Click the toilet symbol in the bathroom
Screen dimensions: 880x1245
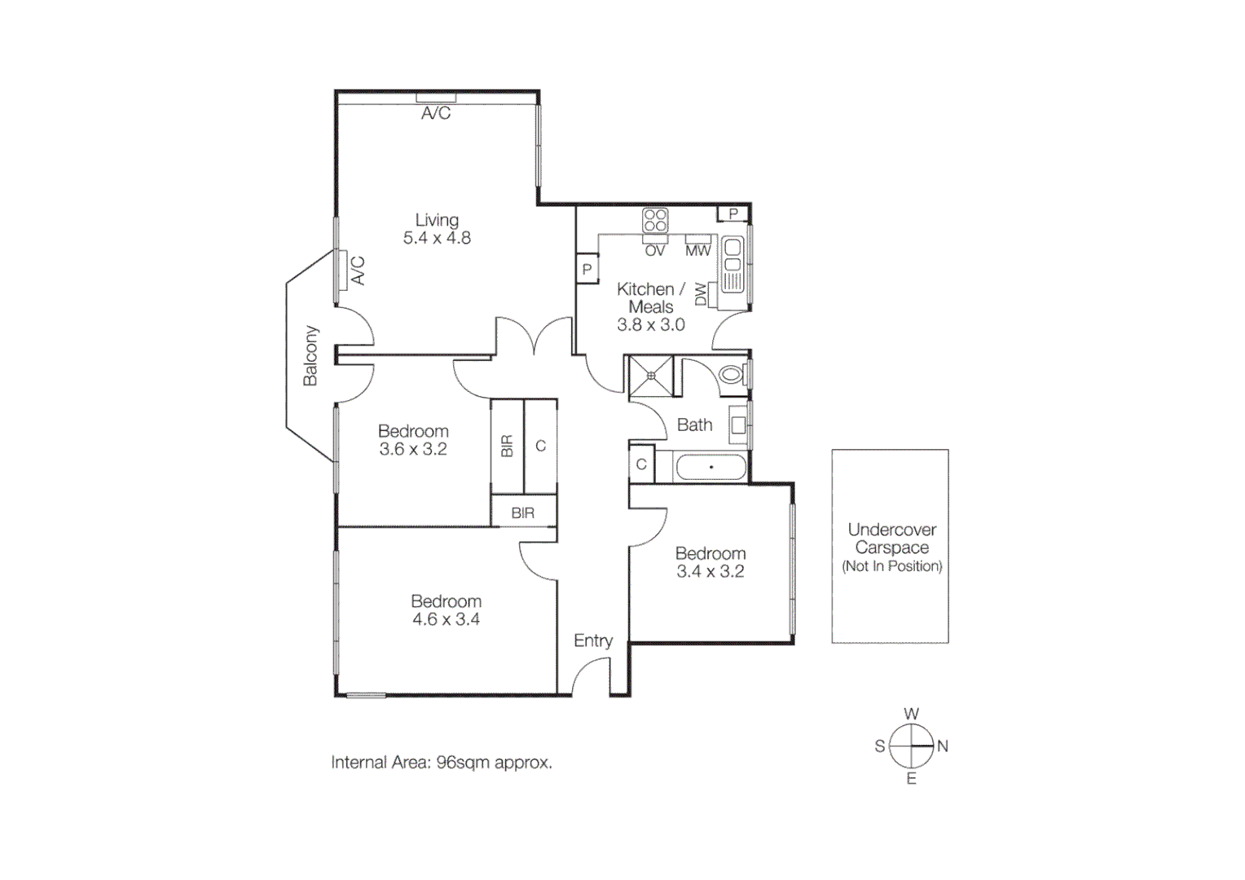click(732, 375)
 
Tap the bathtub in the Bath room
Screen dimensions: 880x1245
click(710, 467)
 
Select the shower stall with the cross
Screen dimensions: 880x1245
click(651, 376)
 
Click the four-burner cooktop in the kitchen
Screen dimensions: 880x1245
click(655, 221)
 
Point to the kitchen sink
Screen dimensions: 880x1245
click(732, 264)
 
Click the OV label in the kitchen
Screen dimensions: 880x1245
click(655, 251)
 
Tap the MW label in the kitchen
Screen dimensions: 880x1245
click(697, 251)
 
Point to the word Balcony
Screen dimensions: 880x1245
click(310, 355)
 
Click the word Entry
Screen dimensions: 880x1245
click(592, 640)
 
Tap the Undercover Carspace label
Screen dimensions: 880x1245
click(891, 539)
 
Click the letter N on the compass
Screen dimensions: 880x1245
click(943, 746)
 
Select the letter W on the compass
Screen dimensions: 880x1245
click(911, 714)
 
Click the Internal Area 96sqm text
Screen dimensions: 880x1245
click(441, 763)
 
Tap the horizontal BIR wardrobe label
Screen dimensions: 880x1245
click(523, 513)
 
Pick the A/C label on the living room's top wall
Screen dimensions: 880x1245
click(436, 113)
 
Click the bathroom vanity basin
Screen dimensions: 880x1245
click(738, 425)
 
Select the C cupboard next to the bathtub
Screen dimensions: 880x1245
click(641, 464)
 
